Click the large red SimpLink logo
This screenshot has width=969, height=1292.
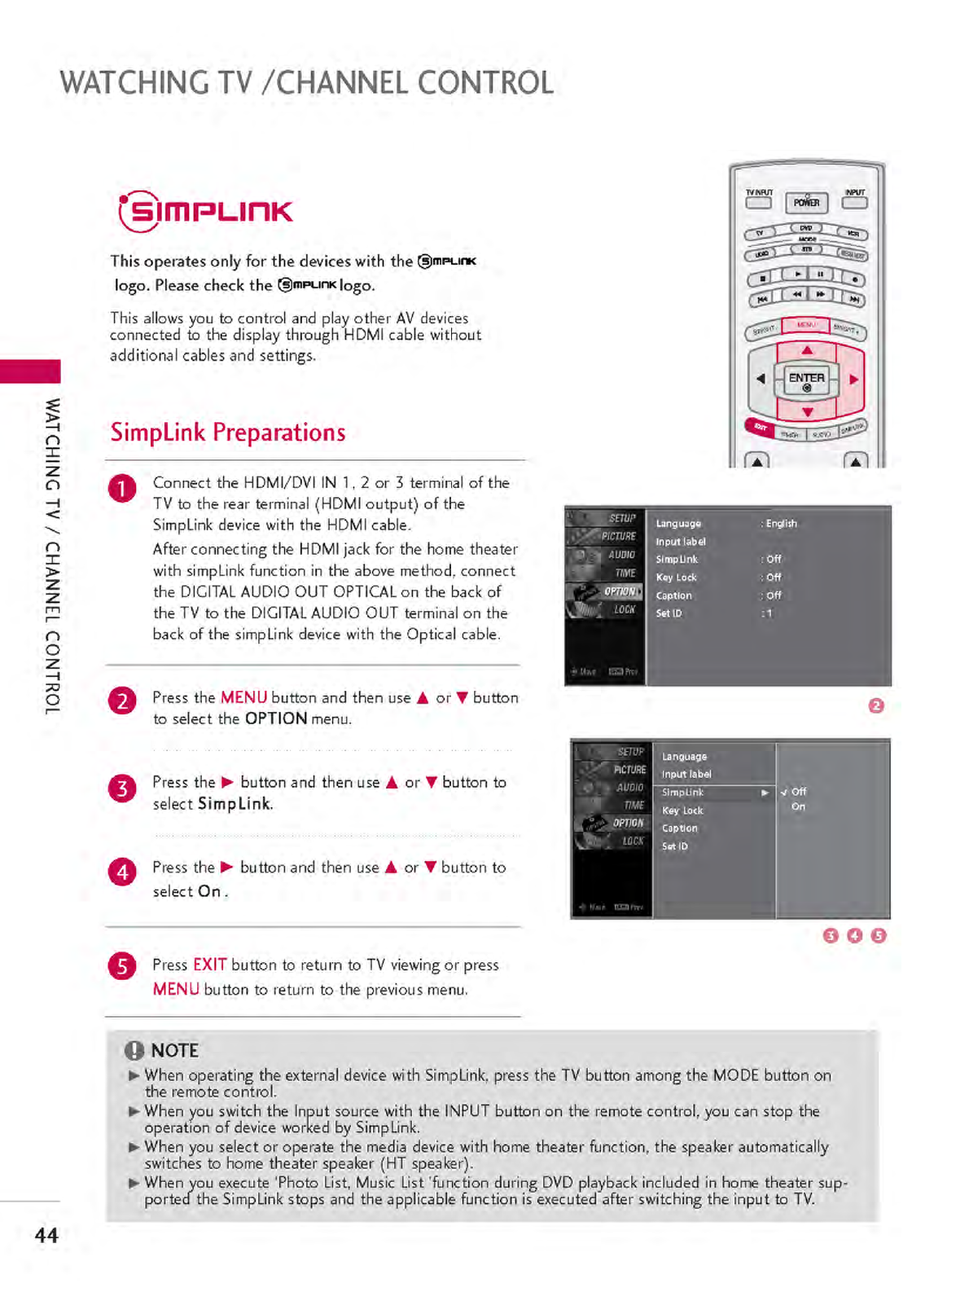click(206, 211)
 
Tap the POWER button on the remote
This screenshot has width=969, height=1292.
click(806, 202)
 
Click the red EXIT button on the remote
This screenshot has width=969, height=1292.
click(760, 427)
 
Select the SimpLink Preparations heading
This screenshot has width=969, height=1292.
click(228, 432)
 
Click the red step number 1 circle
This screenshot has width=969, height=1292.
click(122, 489)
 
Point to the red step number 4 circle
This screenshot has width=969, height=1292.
click(122, 872)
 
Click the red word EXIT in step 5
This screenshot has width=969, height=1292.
click(209, 965)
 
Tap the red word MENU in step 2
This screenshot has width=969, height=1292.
click(243, 697)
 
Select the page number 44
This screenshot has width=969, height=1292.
click(46, 1235)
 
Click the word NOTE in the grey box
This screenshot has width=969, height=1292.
click(175, 1050)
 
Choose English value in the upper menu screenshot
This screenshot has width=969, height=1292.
click(781, 524)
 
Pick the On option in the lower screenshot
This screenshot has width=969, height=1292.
click(798, 806)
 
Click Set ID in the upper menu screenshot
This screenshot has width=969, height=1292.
click(669, 613)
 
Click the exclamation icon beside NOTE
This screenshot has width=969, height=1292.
click(134, 1050)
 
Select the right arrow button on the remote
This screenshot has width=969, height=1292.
click(853, 379)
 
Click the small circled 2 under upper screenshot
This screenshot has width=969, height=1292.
click(876, 705)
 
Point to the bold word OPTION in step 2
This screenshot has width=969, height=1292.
click(276, 719)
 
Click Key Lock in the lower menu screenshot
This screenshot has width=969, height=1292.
click(682, 811)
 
